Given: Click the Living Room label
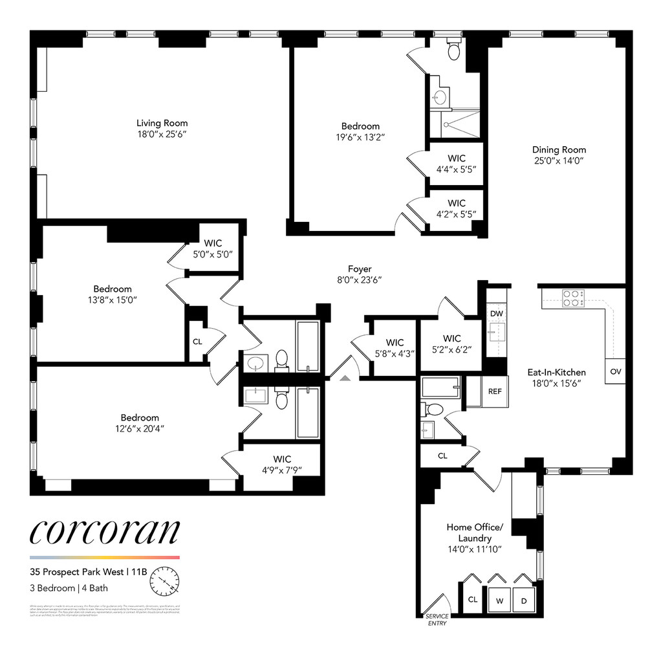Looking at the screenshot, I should coord(162,123).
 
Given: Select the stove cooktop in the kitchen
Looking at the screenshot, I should coord(572,298).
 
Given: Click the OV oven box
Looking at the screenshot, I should coord(615,371).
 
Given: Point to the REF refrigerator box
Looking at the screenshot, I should coord(495,391).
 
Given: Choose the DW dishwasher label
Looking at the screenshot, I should coord(496,314).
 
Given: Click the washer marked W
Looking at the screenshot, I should coord(500,600).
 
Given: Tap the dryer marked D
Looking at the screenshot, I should coord(525,600).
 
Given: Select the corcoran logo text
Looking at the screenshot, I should coord(104,531).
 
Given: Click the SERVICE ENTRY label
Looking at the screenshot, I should coord(437,619).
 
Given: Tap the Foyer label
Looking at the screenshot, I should coord(360,269).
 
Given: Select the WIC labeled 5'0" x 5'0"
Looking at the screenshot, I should coord(213,248).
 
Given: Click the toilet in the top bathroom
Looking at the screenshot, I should coord(455,50).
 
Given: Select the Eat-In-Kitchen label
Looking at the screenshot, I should coord(556,372).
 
